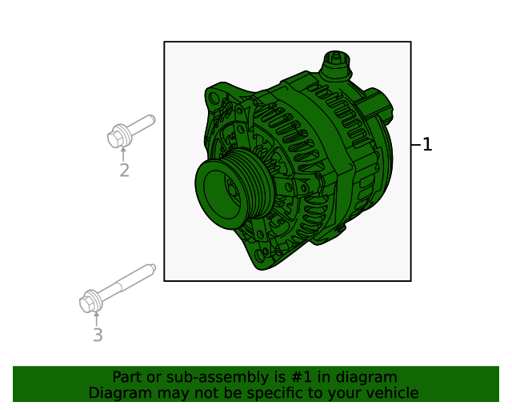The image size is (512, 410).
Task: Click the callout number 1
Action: [427, 145]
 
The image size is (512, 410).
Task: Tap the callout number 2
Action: [124, 171]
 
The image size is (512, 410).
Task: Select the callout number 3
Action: [98, 336]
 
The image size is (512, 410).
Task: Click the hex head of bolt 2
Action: [117, 138]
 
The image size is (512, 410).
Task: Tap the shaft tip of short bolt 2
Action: [150, 120]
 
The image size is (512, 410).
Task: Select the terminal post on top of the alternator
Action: [336, 63]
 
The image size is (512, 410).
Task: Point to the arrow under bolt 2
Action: [123, 154]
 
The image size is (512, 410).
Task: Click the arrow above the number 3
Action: [97, 319]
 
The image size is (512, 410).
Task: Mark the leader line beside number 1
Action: [415, 145]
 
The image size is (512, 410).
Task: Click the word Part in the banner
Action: [127, 377]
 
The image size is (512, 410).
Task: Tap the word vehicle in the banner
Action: [391, 393]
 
